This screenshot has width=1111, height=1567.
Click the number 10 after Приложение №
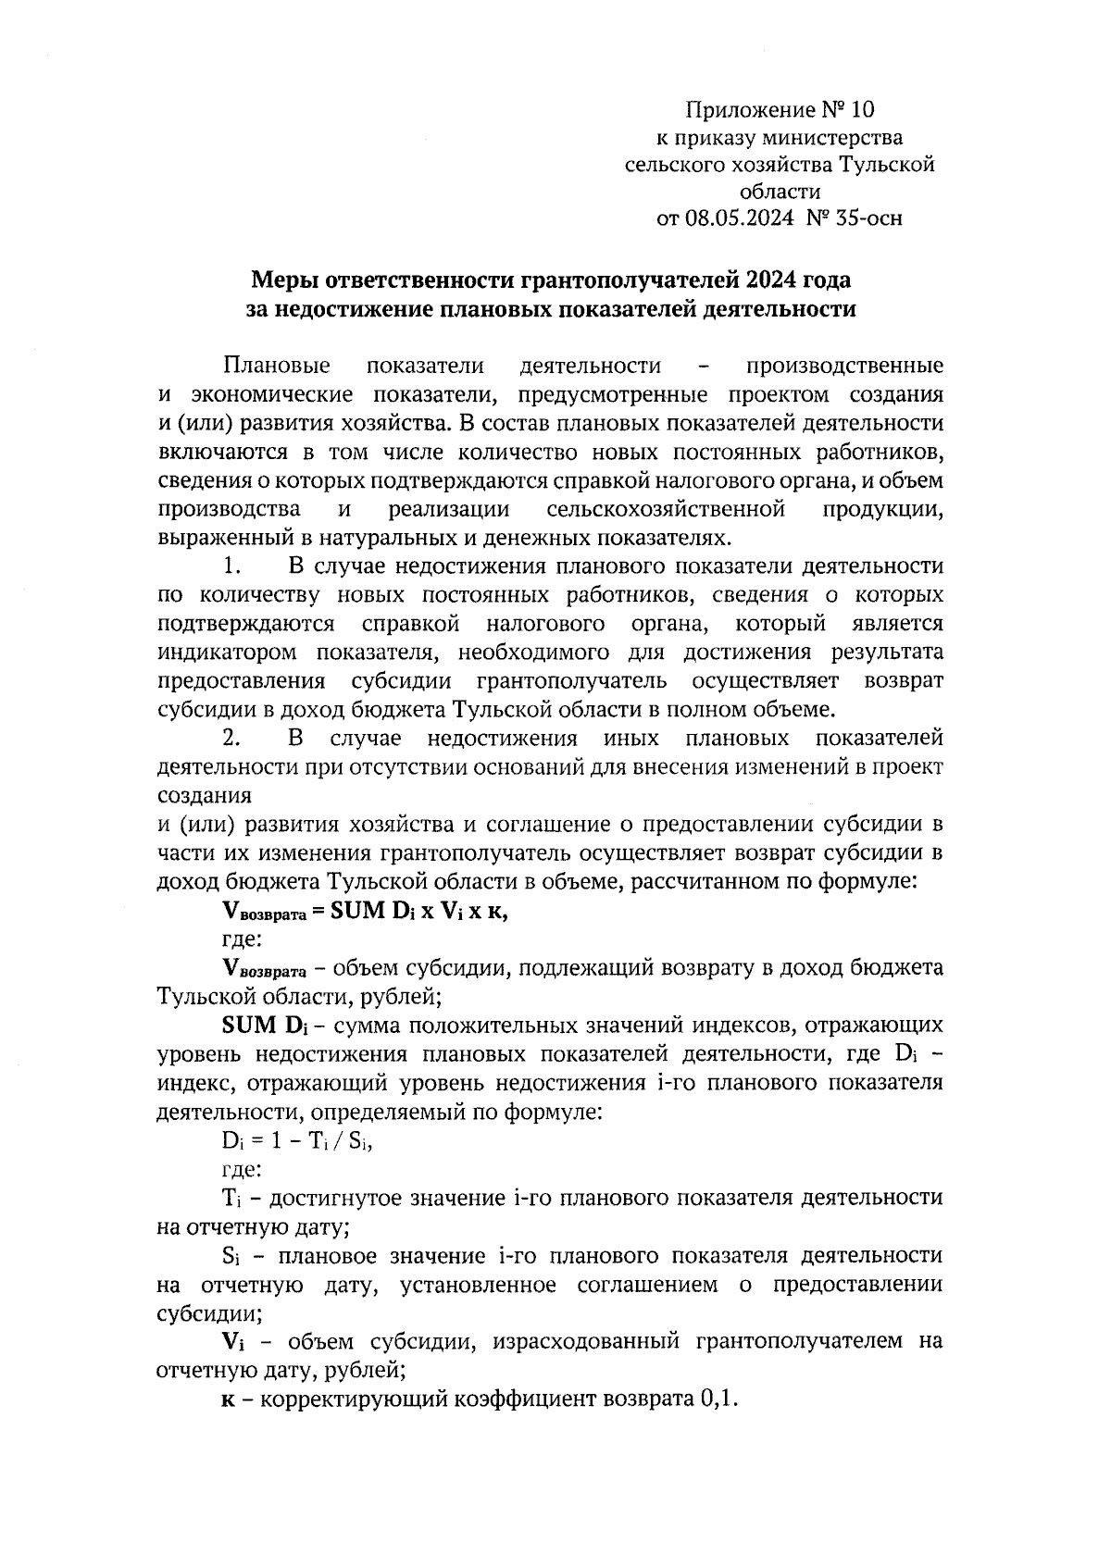click(x=861, y=111)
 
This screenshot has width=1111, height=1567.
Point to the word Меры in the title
click(x=285, y=280)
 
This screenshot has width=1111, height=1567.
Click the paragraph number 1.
click(x=231, y=566)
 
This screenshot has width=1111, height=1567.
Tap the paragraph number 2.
click(x=231, y=739)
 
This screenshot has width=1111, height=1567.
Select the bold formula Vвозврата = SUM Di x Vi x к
click(x=366, y=911)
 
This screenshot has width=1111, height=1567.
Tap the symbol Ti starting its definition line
click(x=231, y=1199)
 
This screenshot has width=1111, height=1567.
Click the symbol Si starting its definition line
click(x=231, y=1256)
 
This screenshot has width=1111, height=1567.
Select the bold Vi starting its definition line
click(x=231, y=1342)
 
